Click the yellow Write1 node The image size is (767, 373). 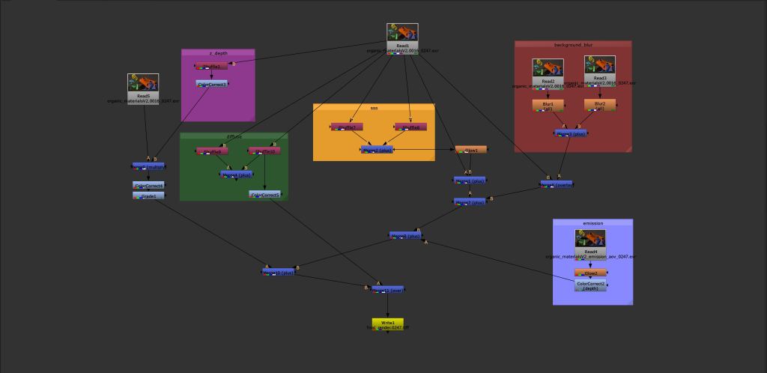[387, 323]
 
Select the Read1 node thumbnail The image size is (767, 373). [402, 33]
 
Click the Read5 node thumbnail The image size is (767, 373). [142, 83]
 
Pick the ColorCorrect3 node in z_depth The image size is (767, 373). [212, 84]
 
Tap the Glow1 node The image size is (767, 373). [470, 150]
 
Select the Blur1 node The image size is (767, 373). [548, 104]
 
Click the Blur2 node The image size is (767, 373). [600, 104]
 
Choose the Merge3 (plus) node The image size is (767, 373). [573, 133]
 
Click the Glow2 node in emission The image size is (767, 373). [590, 273]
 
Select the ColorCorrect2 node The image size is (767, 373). [590, 285]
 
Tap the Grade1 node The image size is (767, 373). [148, 195]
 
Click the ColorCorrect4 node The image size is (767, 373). [148, 185]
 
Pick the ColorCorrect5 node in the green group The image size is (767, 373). [265, 195]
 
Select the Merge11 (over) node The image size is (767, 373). [388, 289]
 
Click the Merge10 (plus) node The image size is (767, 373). [277, 272]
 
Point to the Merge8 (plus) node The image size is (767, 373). [406, 235]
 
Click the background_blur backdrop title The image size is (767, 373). [573, 45]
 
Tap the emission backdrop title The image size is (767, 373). [592, 223]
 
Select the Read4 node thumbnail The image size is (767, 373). [590, 239]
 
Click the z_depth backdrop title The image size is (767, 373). [218, 53]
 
